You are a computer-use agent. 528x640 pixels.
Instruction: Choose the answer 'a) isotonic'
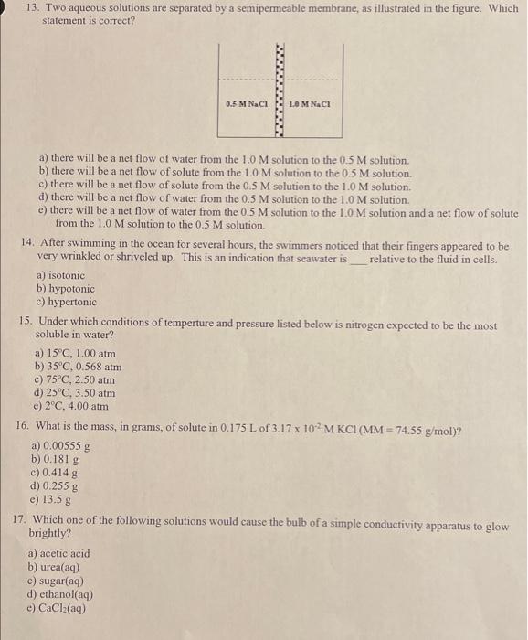(60, 274)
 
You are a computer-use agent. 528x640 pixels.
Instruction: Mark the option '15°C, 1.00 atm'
(76, 353)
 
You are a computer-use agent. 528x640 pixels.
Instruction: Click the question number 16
(26, 428)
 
